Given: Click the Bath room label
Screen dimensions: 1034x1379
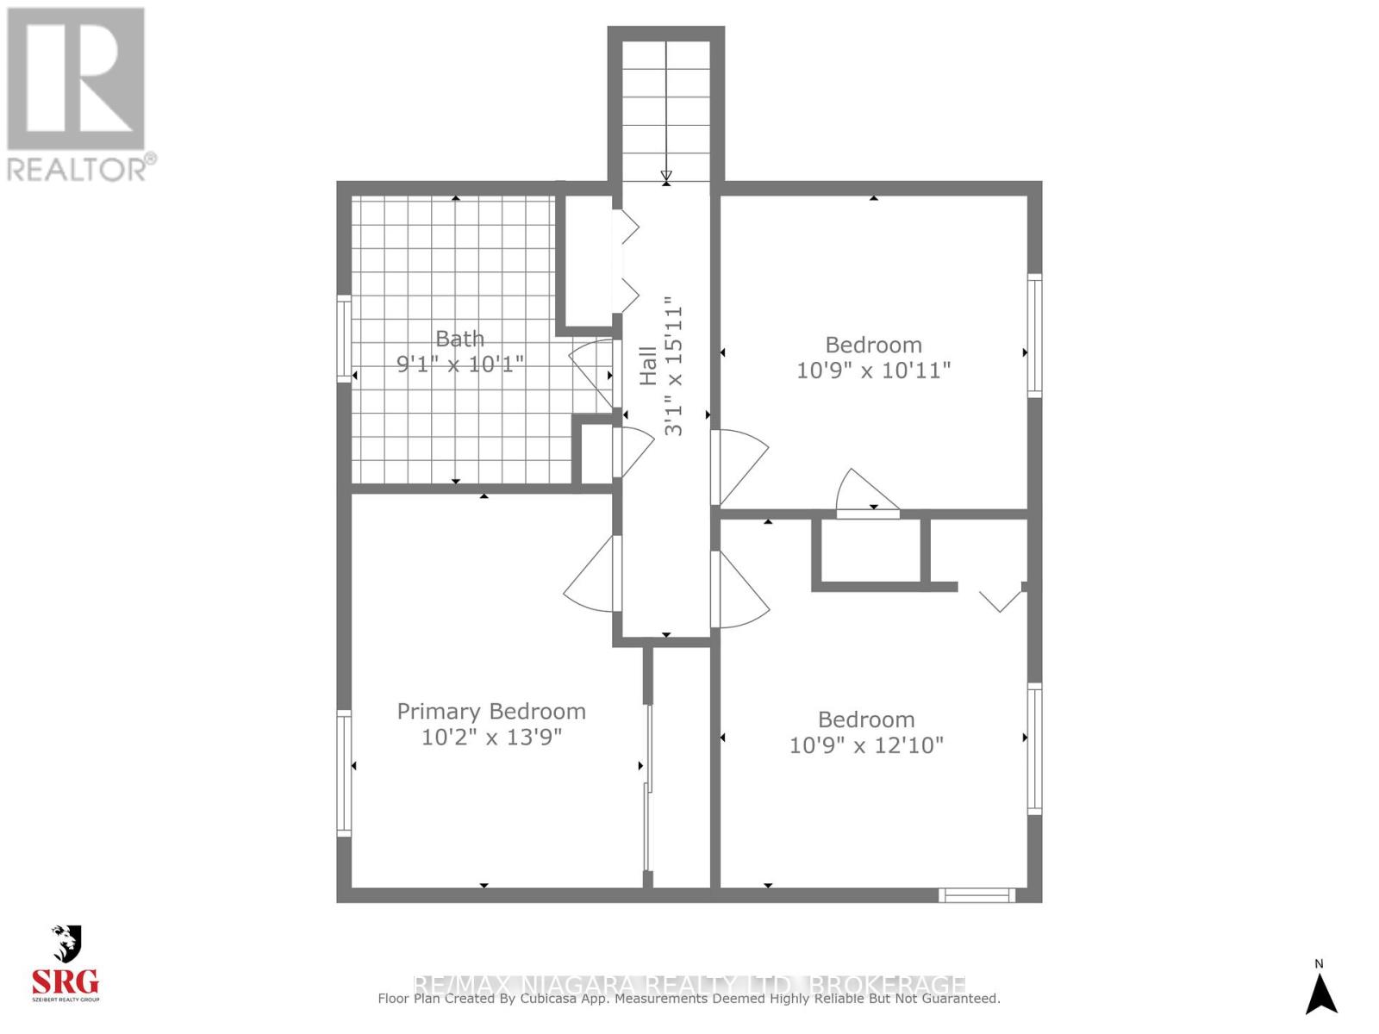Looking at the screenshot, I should tap(459, 339).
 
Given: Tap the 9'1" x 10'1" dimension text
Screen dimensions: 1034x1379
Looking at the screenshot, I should tap(459, 364).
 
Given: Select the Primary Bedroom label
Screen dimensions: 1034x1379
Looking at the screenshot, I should tap(491, 712).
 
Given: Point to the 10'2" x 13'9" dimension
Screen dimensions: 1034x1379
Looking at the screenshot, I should tap(491, 738).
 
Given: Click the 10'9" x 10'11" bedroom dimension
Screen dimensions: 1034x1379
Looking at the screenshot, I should tap(873, 371).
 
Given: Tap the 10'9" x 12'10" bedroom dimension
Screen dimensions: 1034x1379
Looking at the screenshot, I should tap(866, 745).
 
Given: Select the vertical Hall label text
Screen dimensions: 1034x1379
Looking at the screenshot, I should tap(649, 365).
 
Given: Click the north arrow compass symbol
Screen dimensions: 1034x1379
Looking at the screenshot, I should tap(1320, 992).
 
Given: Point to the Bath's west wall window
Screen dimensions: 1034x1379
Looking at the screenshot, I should tap(344, 339).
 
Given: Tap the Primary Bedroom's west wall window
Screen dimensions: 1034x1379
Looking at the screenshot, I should tap(344, 773).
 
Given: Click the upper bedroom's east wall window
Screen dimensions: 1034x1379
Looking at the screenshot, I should tap(1034, 335).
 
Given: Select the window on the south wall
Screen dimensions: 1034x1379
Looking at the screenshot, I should tap(977, 895).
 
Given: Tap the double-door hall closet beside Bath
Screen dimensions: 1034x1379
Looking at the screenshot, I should tap(588, 262).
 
